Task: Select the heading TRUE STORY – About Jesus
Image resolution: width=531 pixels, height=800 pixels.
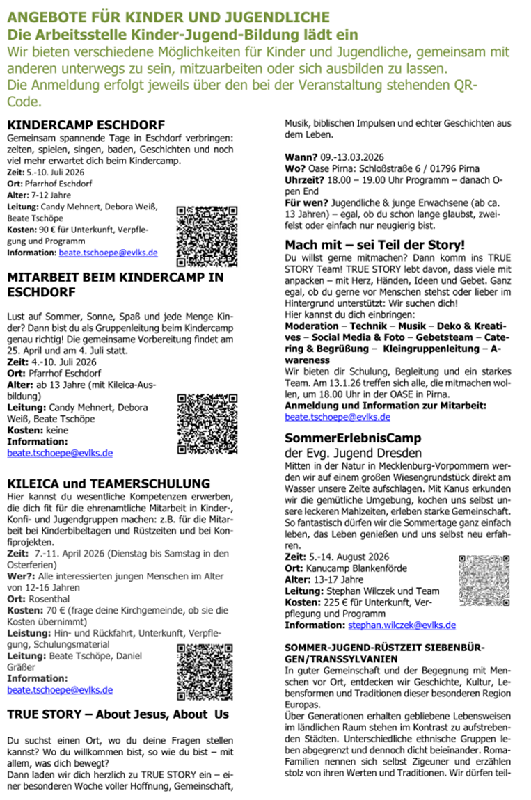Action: [118, 714]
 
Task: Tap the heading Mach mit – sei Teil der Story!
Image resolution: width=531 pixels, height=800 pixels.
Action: [375, 244]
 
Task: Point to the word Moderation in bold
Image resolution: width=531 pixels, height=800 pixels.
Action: [312, 326]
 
